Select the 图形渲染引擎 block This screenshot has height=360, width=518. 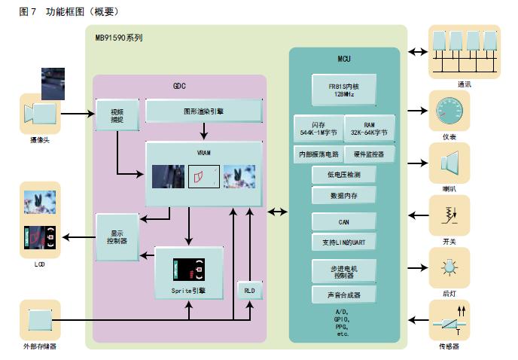click(x=203, y=111)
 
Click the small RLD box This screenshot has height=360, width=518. click(x=248, y=291)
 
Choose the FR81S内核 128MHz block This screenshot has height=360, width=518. click(x=343, y=90)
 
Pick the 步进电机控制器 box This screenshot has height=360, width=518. click(x=343, y=270)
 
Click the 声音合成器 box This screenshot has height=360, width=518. click(x=343, y=294)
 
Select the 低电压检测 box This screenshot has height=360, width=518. click(x=343, y=175)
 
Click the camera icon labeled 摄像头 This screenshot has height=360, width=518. click(x=39, y=114)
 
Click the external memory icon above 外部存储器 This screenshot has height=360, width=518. click(x=39, y=322)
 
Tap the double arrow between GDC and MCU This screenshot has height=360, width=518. click(x=277, y=213)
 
